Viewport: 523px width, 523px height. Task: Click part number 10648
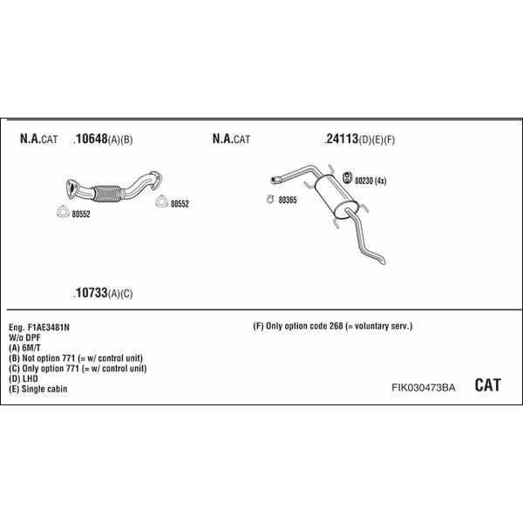pyautogui.click(x=92, y=139)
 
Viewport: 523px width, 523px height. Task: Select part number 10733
pyautogui.click(x=92, y=293)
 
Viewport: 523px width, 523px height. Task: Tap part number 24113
pyautogui.click(x=343, y=139)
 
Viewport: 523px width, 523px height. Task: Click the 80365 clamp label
pyautogui.click(x=288, y=200)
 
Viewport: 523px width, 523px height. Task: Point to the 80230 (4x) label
pyautogui.click(x=370, y=180)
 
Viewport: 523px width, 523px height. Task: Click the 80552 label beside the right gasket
pyautogui.click(x=180, y=204)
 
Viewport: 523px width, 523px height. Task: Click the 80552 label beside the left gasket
pyautogui.click(x=81, y=214)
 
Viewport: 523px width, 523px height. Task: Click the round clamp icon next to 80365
pyautogui.click(x=270, y=199)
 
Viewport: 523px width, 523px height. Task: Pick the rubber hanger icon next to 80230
pyautogui.click(x=347, y=178)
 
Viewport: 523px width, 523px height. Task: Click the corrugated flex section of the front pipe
pyautogui.click(x=107, y=194)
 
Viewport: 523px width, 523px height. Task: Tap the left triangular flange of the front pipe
pyautogui.click(x=72, y=188)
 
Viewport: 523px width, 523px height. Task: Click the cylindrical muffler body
pyautogui.click(x=331, y=198)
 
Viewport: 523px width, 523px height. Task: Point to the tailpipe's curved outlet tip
pyautogui.click(x=383, y=261)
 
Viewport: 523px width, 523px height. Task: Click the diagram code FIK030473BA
pyautogui.click(x=424, y=388)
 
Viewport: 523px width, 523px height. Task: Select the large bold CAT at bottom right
pyautogui.click(x=487, y=385)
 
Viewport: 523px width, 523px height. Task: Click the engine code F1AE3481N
pyautogui.click(x=49, y=328)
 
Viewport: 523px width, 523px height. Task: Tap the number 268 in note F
pyautogui.click(x=336, y=326)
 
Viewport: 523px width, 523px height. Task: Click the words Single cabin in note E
pyautogui.click(x=44, y=389)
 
